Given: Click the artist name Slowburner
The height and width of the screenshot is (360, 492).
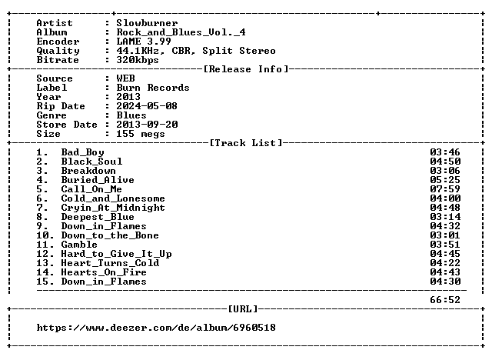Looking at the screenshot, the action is click(x=147, y=23).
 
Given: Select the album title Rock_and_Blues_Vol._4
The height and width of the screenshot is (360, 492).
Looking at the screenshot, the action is click(x=181, y=32).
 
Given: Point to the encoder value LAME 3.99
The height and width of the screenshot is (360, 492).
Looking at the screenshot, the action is click(x=144, y=42).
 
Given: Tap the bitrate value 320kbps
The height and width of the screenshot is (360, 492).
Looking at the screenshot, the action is click(x=138, y=60).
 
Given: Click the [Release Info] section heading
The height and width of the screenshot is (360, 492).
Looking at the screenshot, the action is click(x=246, y=69).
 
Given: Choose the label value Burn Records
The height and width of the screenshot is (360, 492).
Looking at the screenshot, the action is click(x=153, y=88).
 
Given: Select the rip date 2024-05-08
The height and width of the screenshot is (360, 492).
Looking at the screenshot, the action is click(x=147, y=106).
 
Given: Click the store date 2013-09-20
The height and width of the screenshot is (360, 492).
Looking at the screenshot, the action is click(x=147, y=125).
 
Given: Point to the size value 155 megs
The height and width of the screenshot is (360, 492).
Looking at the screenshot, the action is click(x=141, y=134).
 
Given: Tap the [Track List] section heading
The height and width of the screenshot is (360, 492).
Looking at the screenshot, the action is click(x=246, y=143).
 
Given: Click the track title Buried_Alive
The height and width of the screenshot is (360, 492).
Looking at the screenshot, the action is click(x=98, y=180).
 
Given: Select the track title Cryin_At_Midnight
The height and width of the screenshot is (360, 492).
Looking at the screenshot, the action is click(x=113, y=208).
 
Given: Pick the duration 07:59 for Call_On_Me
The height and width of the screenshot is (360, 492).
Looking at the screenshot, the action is click(x=445, y=189).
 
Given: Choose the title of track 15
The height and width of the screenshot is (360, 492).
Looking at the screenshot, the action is click(x=104, y=282).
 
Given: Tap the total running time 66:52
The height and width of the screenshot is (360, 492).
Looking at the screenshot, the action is click(x=445, y=300).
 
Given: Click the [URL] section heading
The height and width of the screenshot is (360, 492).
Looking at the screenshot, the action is click(x=243, y=309).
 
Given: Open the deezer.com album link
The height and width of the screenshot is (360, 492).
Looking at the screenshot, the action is click(x=156, y=328).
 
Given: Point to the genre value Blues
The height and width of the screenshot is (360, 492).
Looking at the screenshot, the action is click(x=131, y=115).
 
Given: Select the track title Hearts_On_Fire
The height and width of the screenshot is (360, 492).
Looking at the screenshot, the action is click(x=104, y=272).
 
